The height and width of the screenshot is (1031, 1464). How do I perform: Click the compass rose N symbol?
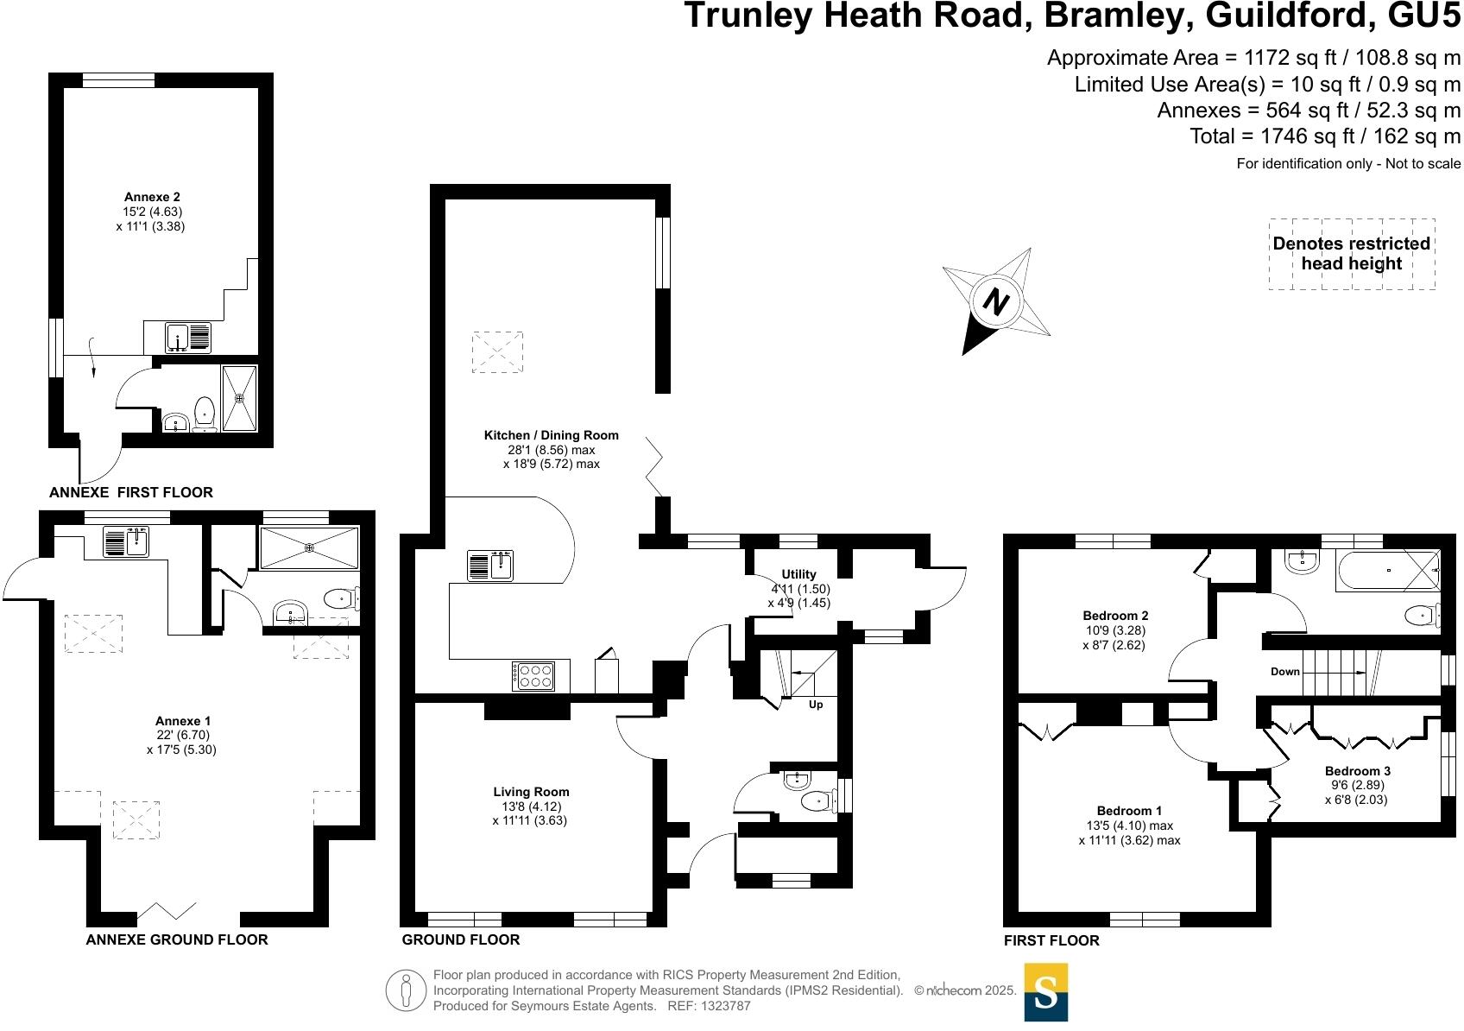(x=997, y=302)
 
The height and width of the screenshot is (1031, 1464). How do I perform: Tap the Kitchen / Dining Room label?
(x=551, y=435)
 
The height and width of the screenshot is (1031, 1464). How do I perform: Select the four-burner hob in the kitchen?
(x=533, y=676)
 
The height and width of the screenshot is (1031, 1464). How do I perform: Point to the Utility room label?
(x=798, y=574)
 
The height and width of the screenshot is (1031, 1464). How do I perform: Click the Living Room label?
(x=531, y=792)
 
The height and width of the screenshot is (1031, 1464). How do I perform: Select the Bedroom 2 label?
(x=1115, y=616)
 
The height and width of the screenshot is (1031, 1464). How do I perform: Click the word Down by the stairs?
(x=1284, y=672)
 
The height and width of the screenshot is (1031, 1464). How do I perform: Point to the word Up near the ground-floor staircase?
(x=816, y=705)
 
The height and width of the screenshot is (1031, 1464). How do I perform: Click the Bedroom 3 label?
(x=1358, y=771)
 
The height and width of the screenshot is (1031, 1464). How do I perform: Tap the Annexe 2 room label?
(x=152, y=197)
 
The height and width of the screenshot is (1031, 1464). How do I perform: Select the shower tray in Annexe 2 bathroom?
(x=240, y=398)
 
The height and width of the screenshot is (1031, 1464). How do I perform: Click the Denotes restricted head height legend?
(x=1351, y=253)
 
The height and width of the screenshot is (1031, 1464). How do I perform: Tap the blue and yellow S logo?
(x=1045, y=992)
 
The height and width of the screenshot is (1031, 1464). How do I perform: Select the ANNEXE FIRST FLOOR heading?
(x=130, y=492)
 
